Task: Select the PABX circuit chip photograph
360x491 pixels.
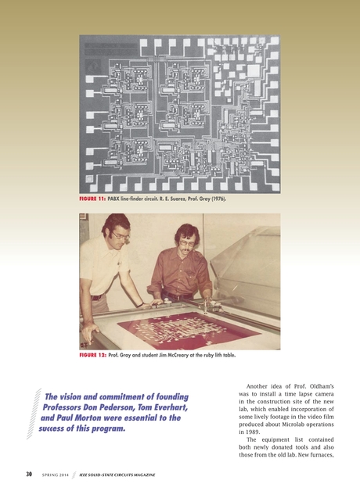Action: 180,114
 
